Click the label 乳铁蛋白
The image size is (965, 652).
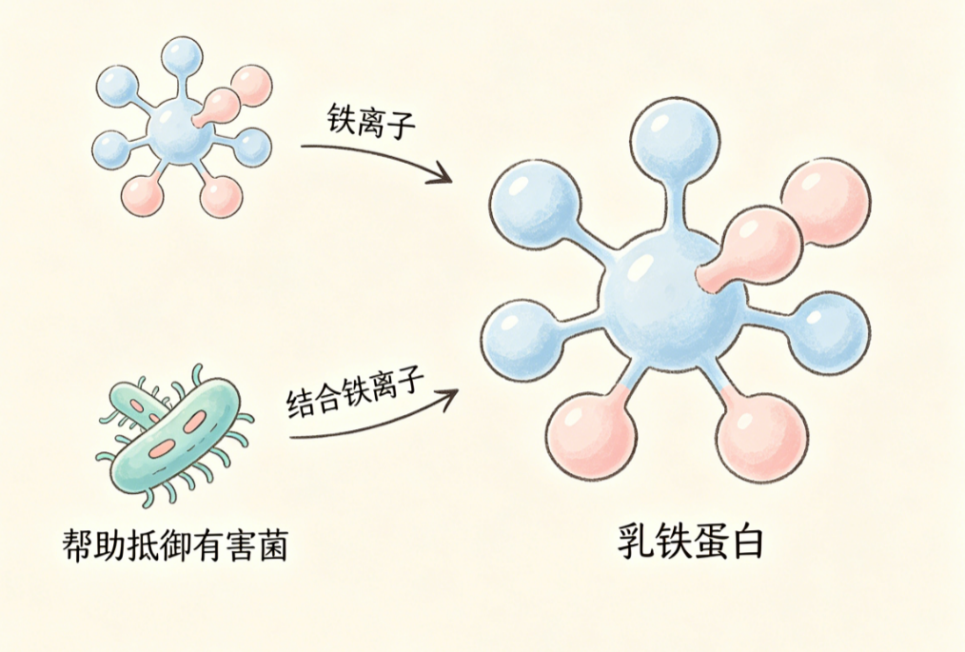(x=690, y=542)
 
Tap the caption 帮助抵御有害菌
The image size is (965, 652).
(x=175, y=544)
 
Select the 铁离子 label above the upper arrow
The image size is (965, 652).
(x=370, y=121)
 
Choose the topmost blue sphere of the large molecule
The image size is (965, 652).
(x=675, y=144)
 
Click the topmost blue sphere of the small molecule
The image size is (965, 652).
(x=182, y=57)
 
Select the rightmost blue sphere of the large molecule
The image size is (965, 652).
(x=828, y=332)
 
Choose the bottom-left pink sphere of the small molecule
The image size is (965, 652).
(x=143, y=194)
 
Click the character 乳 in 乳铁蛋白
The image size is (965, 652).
(x=637, y=542)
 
